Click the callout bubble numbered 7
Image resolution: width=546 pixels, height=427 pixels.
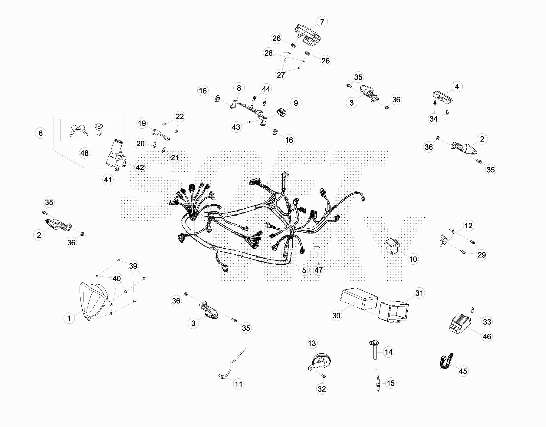(x=322, y=22)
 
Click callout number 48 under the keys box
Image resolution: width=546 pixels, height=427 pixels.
(x=84, y=153)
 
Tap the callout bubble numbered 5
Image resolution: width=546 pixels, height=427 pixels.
(x=304, y=270)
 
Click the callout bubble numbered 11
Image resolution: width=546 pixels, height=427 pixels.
(x=239, y=384)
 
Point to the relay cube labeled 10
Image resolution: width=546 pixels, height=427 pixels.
(x=392, y=245)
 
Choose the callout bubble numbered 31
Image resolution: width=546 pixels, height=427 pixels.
(x=419, y=293)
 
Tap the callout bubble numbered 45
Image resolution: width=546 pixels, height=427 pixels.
(x=463, y=371)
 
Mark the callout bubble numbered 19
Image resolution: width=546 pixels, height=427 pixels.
(x=142, y=123)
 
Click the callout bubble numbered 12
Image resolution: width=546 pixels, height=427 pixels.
(x=468, y=226)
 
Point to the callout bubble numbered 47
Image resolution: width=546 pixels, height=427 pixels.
(x=318, y=270)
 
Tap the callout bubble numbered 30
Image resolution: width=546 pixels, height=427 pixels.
(x=336, y=316)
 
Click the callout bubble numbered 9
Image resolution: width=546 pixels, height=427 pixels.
(x=296, y=103)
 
